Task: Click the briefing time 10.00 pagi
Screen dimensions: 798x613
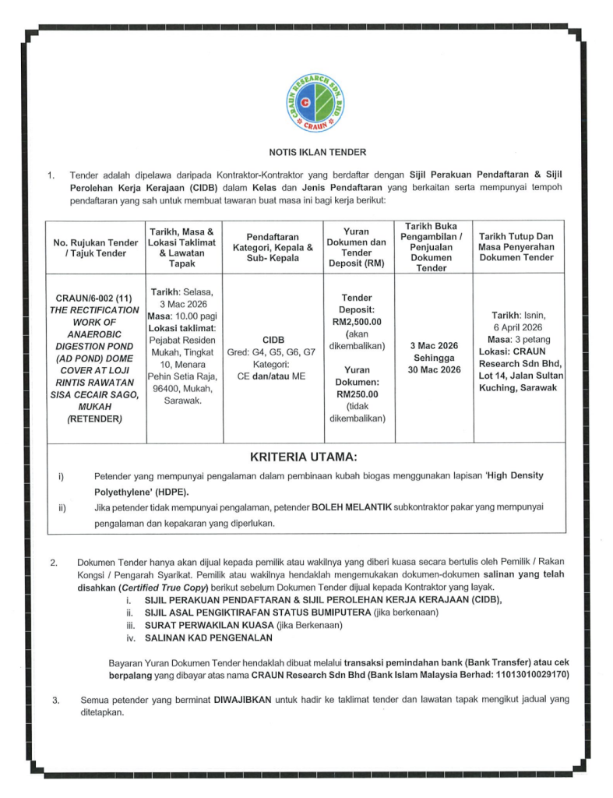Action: coord(196,316)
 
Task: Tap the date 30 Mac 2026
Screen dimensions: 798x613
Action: coord(434,369)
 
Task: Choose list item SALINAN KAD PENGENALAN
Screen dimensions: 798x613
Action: coord(209,638)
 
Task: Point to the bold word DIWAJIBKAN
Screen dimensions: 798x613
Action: coord(242,700)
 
